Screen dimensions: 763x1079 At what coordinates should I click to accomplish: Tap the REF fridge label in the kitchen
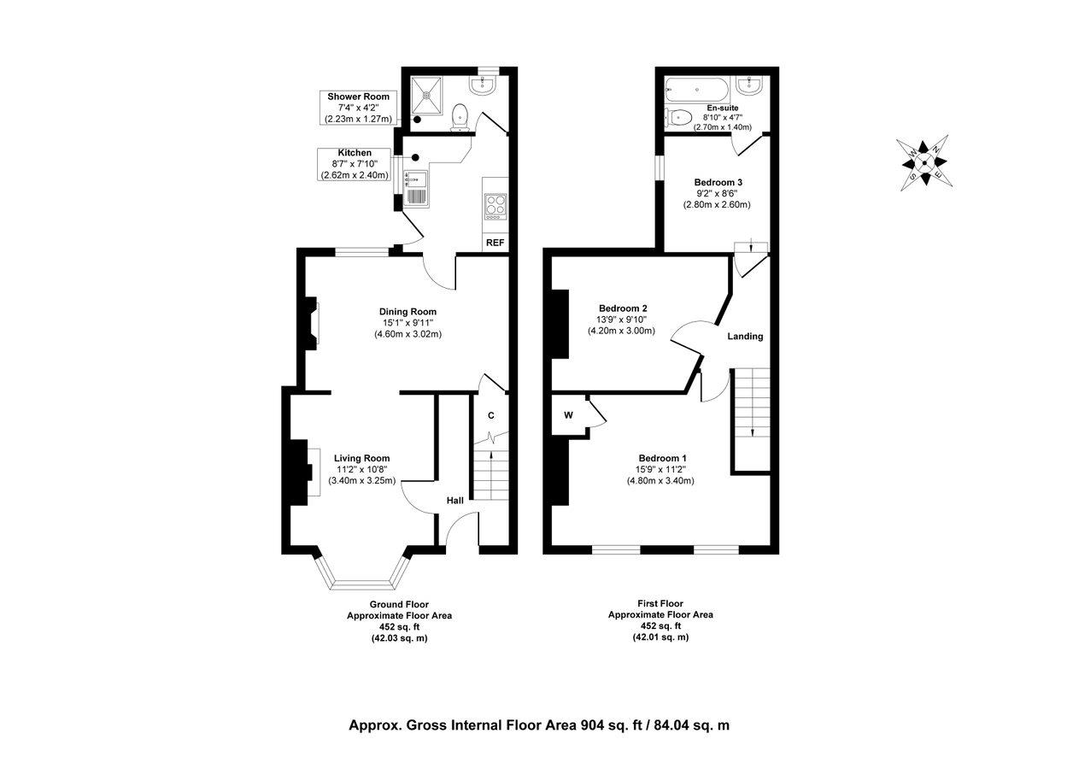495,243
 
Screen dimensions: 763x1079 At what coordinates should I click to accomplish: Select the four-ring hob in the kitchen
496,205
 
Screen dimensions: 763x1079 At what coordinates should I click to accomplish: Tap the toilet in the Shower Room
461,115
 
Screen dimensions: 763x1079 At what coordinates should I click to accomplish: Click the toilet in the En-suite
681,117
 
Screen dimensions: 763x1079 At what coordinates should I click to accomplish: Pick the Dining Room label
408,312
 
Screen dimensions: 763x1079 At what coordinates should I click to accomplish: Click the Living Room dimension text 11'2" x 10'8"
361,469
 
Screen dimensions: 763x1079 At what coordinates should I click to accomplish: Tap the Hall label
454,500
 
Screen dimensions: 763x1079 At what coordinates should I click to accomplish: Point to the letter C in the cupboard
491,415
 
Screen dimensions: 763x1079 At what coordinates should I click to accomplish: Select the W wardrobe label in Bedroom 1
568,416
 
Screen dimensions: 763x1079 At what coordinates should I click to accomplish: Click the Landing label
745,337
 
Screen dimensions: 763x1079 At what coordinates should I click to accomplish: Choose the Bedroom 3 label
717,183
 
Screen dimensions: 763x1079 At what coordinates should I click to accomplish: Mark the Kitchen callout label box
355,163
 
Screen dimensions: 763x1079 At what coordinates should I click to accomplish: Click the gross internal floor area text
539,725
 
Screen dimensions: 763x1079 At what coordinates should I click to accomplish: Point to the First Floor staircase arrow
752,427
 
